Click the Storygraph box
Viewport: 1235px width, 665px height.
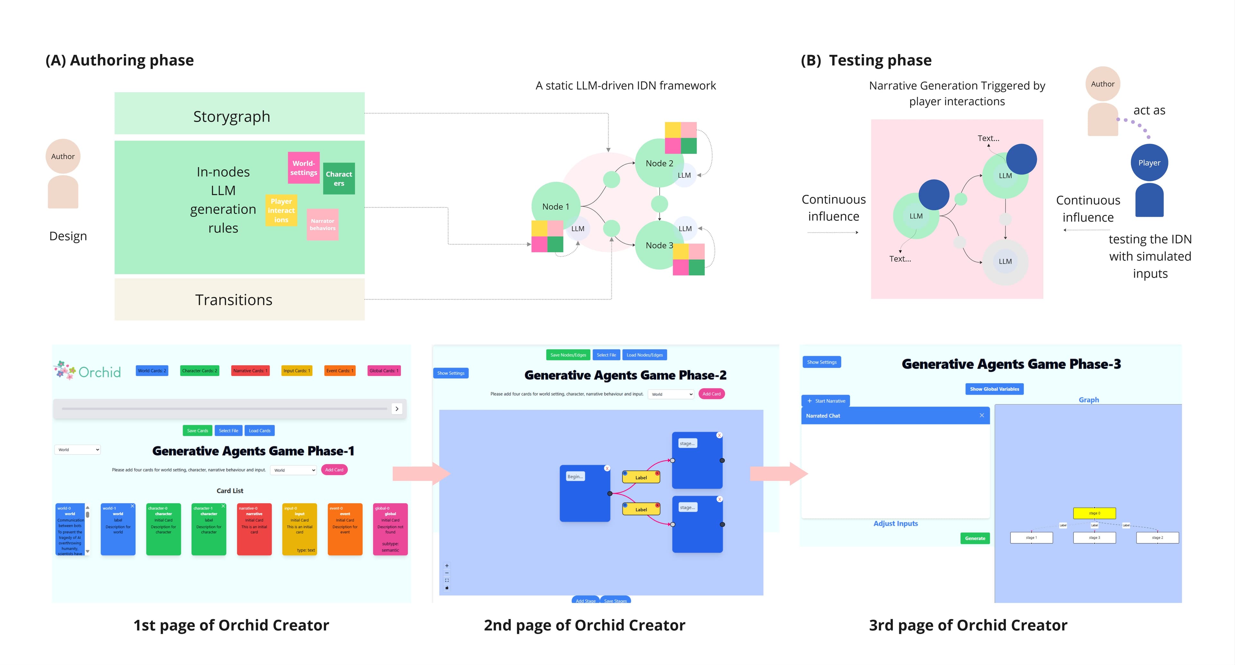pyautogui.click(x=239, y=113)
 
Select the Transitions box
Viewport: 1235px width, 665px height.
pyautogui.click(x=239, y=300)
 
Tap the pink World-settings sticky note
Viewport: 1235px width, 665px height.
pyautogui.click(x=304, y=168)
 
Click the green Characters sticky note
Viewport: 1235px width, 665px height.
pyautogui.click(x=339, y=178)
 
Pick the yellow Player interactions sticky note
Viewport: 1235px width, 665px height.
pyautogui.click(x=281, y=210)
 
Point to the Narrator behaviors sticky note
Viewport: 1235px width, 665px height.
pyautogui.click(x=323, y=224)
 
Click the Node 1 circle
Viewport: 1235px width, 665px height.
pyautogui.click(x=556, y=206)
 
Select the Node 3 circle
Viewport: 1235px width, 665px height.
pyautogui.click(x=659, y=245)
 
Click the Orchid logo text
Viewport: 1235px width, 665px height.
pyautogui.click(x=99, y=372)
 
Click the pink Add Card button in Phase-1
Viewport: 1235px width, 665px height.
pyautogui.click(x=334, y=470)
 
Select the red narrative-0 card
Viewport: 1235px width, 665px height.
pyautogui.click(x=254, y=529)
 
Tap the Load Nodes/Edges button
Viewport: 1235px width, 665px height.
pyautogui.click(x=644, y=355)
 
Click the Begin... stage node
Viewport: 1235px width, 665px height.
pyautogui.click(x=584, y=493)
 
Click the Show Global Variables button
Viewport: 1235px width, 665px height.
pyautogui.click(x=994, y=389)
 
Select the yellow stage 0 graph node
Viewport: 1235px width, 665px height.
pyautogui.click(x=1094, y=513)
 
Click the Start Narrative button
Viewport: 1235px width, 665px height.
pyautogui.click(x=826, y=401)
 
